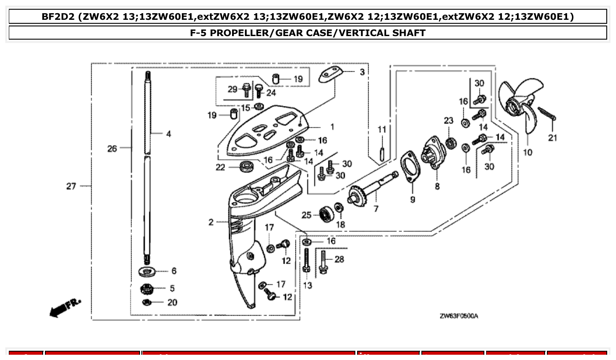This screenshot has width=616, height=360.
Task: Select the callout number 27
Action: click(71, 186)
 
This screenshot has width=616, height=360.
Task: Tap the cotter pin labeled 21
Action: click(547, 114)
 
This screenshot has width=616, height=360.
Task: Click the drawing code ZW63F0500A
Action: click(458, 316)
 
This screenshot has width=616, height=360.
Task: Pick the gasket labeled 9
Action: click(410, 169)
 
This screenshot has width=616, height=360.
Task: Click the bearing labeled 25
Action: click(327, 214)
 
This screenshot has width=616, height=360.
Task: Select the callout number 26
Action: click(112, 148)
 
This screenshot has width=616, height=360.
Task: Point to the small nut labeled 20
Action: click(148, 302)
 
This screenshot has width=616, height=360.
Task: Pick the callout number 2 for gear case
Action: click(211, 222)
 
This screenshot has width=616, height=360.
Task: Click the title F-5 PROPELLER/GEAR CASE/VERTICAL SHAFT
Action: click(308, 33)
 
